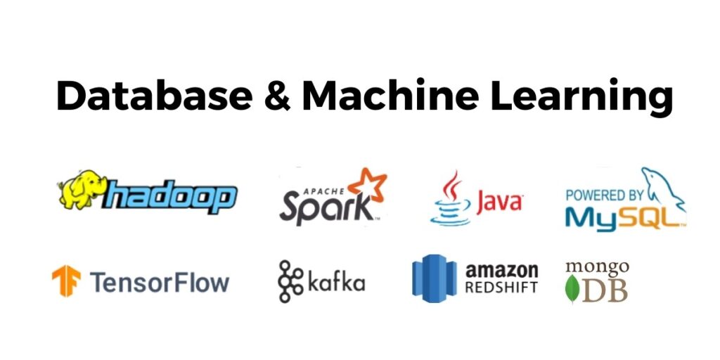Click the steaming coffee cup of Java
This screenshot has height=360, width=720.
pos(450,200)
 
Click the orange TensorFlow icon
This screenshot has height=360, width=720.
pos(66,281)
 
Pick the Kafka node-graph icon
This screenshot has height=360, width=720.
pos(289,281)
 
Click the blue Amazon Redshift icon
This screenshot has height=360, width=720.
pos(434,278)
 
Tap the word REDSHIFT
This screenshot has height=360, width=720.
pos(501,288)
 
